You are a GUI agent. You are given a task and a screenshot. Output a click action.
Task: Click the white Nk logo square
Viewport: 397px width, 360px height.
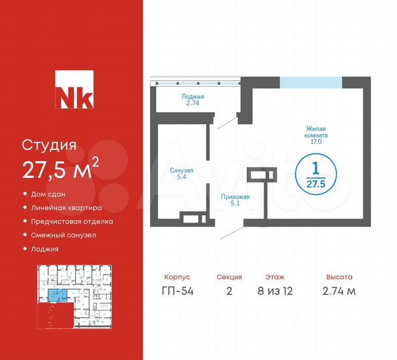coord(73,91)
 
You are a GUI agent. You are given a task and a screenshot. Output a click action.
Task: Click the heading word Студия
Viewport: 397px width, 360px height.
coord(49,145)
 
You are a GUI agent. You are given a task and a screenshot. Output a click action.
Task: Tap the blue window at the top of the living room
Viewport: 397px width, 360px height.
coord(310,83)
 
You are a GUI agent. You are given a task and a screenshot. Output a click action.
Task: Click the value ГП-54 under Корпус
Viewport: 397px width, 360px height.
coord(177,291)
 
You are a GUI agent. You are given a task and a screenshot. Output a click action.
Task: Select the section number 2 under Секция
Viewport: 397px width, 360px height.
coord(229,291)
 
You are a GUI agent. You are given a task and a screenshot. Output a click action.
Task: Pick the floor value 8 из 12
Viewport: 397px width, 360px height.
coord(274,291)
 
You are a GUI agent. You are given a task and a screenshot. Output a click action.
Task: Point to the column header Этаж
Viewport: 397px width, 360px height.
coord(274,276)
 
